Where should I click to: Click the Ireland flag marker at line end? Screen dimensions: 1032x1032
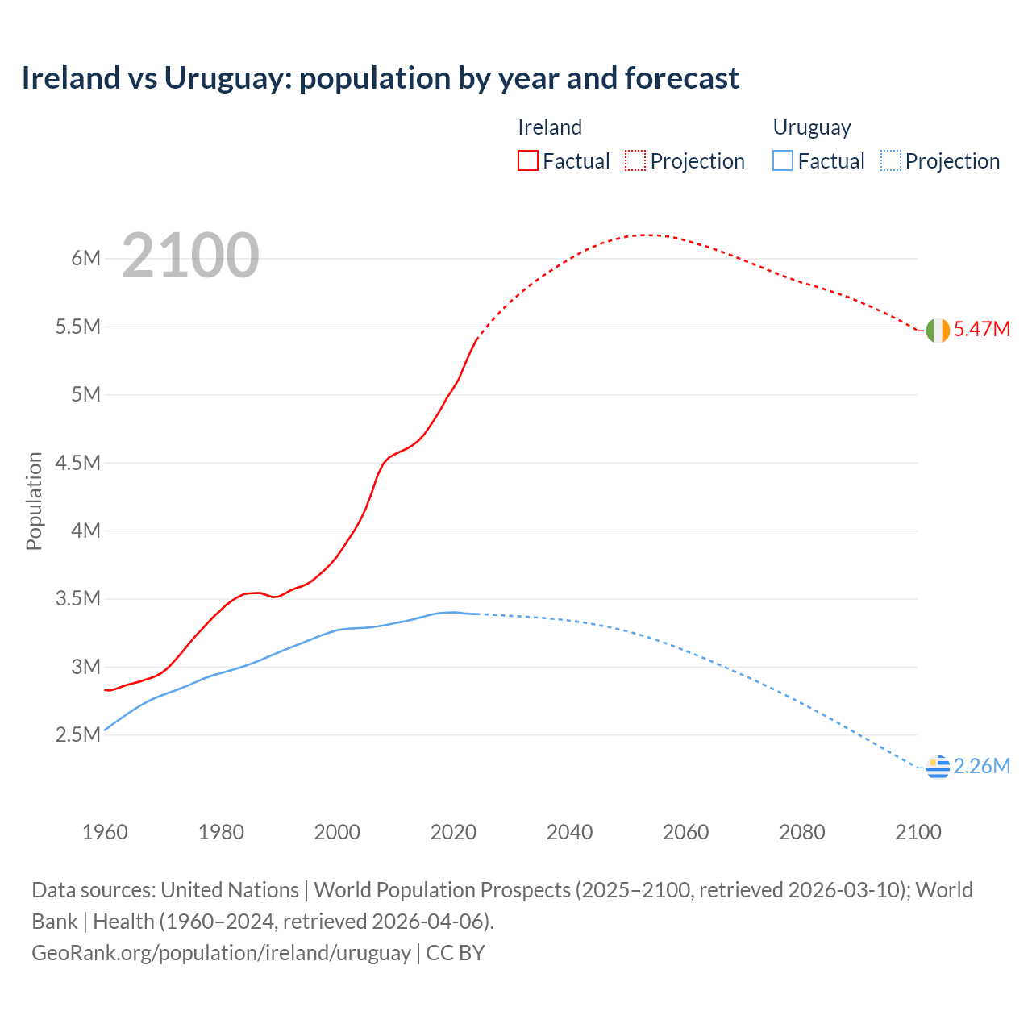click(938, 331)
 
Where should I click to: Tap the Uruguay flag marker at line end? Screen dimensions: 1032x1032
click(938, 768)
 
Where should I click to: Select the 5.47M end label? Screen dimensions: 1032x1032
click(981, 329)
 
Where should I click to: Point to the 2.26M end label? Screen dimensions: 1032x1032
click(981, 766)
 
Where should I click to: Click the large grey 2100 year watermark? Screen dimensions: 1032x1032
click(190, 256)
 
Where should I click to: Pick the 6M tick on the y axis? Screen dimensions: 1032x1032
click(85, 259)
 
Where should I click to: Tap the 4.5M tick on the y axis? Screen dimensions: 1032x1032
click(77, 463)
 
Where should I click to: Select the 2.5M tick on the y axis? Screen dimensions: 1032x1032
click(77, 735)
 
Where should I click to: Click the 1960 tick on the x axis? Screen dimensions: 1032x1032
click(105, 832)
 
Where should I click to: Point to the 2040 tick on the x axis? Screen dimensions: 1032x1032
click(569, 832)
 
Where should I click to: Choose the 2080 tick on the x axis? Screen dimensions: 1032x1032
click(801, 832)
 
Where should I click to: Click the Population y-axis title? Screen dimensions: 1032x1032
click(34, 501)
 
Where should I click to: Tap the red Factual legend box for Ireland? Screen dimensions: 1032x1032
click(527, 161)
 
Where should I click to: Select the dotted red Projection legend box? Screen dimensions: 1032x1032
click(635, 161)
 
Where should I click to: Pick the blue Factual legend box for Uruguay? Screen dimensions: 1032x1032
click(782, 161)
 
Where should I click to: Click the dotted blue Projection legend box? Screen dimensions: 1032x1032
click(891, 161)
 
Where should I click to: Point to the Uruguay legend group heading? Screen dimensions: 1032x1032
click(812, 127)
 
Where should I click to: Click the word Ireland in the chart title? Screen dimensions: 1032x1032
click(71, 78)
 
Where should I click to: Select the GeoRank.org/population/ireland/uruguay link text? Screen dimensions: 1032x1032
click(221, 953)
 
